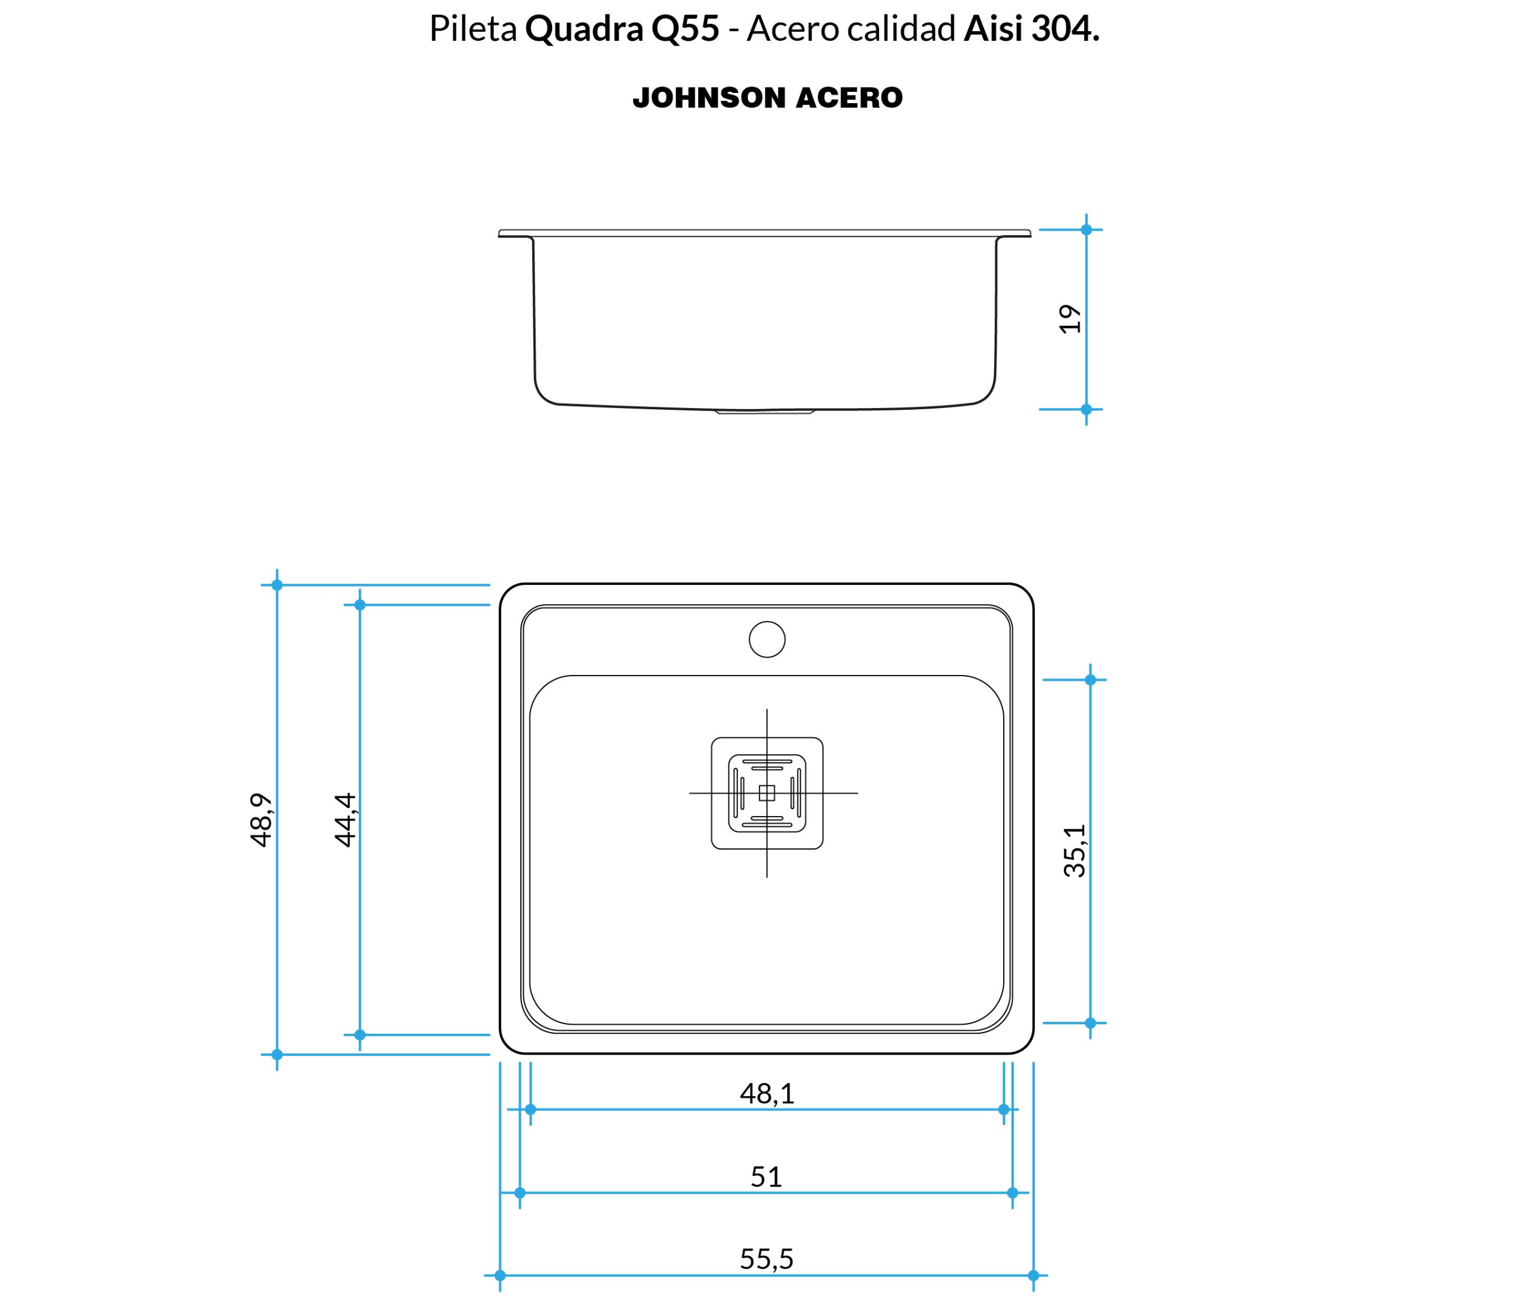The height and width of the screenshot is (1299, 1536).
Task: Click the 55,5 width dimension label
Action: [x=767, y=1258]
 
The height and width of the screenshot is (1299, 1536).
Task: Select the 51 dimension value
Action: [x=766, y=1176]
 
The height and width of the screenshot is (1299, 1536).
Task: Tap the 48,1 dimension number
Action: [x=767, y=1094]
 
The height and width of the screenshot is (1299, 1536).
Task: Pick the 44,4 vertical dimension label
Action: [x=344, y=820]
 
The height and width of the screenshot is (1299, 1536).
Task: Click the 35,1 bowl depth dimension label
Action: [x=1075, y=851]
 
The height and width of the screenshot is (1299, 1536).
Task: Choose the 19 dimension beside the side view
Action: [x=1070, y=319]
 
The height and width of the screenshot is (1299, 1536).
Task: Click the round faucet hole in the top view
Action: [x=767, y=639]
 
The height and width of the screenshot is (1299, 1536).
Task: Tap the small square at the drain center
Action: [x=767, y=793]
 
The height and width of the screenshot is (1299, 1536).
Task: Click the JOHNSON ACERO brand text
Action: [x=767, y=98]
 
